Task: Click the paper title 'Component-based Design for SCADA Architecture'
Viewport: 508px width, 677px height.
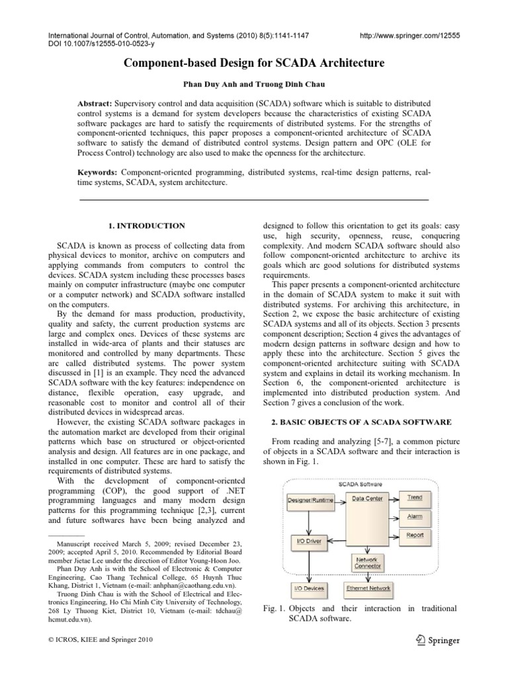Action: click(254, 64)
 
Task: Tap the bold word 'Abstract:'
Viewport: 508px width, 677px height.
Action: click(95, 104)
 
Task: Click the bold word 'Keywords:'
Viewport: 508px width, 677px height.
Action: click(97, 172)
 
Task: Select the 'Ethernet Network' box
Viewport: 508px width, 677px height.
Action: click(368, 588)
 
